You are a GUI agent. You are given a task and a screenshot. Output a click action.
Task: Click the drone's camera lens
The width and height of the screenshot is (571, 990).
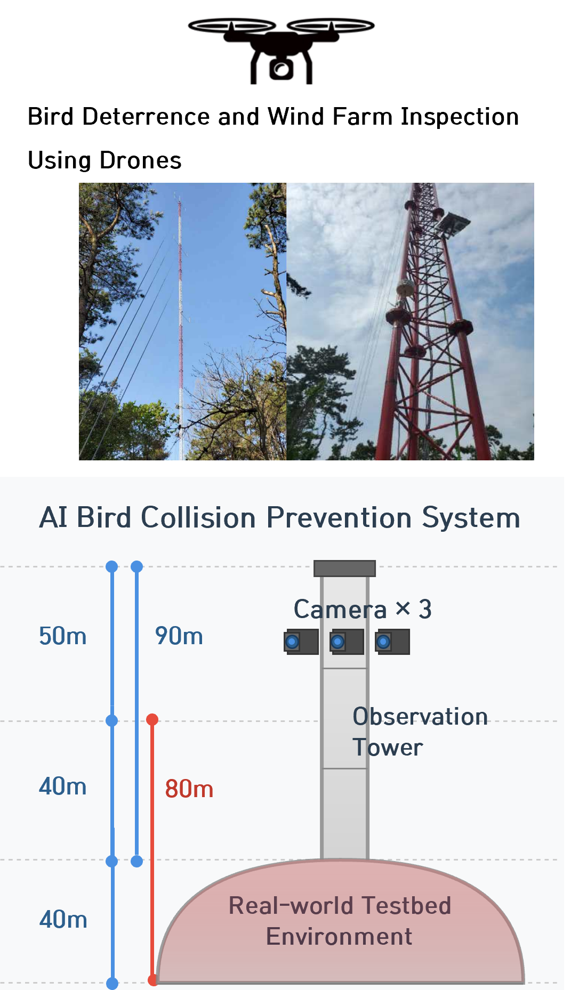[x=281, y=69]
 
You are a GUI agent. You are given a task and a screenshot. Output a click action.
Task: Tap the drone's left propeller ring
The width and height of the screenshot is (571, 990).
[x=232, y=25]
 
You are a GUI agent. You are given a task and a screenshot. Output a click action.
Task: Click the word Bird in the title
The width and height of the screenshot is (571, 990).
[x=104, y=517]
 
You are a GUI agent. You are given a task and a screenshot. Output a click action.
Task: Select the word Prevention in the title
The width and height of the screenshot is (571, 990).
[x=339, y=517]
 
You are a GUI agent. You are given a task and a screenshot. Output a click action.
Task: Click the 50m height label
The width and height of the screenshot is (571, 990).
[x=63, y=636]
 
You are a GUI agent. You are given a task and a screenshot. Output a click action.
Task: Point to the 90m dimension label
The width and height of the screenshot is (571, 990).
[x=179, y=636]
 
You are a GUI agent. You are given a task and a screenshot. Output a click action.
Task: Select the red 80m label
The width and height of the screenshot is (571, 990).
[x=189, y=789]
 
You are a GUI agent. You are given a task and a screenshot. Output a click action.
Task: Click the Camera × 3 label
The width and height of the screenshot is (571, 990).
[x=363, y=609]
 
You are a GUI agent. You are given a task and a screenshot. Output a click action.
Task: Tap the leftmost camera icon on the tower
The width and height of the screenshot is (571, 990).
[x=301, y=642]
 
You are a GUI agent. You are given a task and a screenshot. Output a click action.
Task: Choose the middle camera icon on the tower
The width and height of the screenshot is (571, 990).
[x=347, y=642]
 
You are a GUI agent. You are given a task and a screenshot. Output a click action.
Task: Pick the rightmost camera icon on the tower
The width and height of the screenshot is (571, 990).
[x=392, y=642]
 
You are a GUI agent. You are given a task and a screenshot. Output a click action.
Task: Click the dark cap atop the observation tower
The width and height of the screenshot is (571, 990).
[x=344, y=569]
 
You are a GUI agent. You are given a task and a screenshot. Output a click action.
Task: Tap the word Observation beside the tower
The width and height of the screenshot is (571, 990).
[x=420, y=717]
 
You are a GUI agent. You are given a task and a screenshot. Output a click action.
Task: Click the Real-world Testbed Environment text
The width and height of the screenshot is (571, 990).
[x=340, y=921]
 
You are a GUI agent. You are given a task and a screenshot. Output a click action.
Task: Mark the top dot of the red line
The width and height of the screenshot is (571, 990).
[x=152, y=720]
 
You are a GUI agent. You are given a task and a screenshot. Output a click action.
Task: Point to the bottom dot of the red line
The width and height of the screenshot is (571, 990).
[x=153, y=980]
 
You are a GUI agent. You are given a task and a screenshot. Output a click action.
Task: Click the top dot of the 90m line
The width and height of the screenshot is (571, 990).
[x=137, y=566]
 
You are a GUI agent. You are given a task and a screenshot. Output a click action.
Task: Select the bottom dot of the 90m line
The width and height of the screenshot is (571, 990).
[x=137, y=861]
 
